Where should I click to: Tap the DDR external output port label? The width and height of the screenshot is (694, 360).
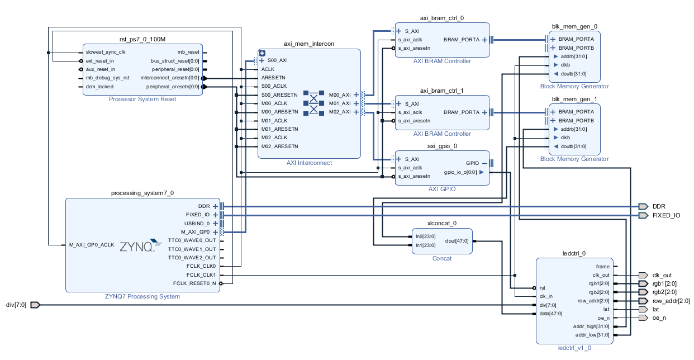point(659,206)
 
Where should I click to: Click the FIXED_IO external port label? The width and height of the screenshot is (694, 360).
point(666,215)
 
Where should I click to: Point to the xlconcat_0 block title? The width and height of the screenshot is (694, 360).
point(442,223)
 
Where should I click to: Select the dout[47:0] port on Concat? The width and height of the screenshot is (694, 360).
point(457,241)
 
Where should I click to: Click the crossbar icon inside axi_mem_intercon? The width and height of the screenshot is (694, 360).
point(313,103)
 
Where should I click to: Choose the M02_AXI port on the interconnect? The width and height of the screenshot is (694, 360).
point(340,112)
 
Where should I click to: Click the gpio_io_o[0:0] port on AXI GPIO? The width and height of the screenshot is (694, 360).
point(460,172)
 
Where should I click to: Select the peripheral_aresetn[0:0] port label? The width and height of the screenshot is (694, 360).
point(173,87)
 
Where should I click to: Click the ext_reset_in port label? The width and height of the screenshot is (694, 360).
point(100,60)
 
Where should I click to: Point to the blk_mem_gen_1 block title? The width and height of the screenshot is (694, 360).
point(574,99)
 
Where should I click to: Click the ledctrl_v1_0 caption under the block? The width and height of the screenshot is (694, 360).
point(574,348)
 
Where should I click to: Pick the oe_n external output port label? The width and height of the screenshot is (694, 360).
point(659,318)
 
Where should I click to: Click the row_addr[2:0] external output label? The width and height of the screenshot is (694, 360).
point(671,301)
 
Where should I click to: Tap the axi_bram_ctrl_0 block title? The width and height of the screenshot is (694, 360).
point(441,18)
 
